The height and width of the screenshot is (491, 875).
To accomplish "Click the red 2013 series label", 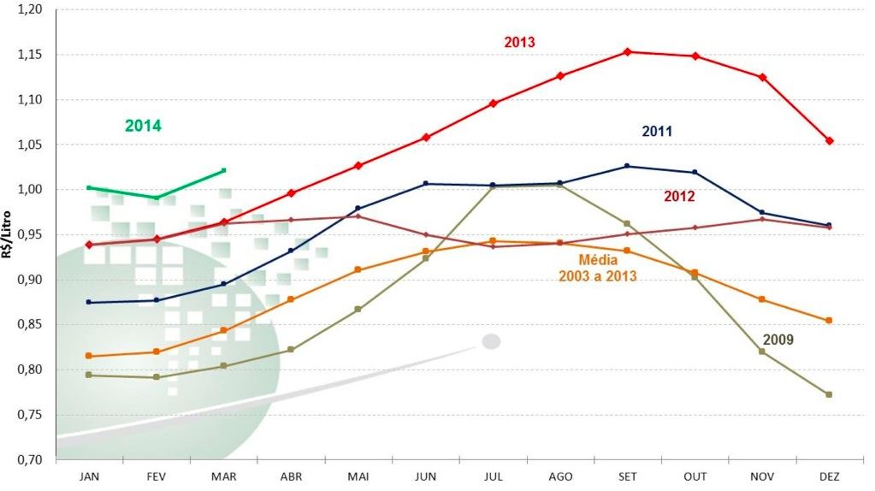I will (520, 41).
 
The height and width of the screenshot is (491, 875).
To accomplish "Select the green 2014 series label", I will (143, 126).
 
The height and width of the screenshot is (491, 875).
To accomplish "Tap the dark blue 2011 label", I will (657, 131).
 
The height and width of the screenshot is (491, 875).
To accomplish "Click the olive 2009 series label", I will (778, 340).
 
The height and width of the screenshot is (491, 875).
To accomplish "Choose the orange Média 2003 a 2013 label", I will (597, 268).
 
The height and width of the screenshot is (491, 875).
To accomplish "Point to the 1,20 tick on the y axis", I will (29, 9).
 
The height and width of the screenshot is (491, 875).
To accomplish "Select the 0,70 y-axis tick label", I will (29, 460).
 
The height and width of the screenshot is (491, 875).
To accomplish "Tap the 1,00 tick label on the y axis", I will (29, 190).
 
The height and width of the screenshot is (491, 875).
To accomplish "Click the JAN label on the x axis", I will (89, 476).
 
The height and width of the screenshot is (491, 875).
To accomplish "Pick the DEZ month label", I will (829, 476).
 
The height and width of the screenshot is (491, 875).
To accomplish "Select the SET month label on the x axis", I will (627, 476).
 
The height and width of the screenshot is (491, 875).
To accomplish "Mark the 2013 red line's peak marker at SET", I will (627, 51).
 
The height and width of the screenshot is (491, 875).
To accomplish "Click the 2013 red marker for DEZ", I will (829, 140).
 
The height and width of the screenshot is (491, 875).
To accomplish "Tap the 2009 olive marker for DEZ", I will (829, 394).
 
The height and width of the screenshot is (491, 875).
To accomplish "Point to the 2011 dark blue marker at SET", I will (627, 166).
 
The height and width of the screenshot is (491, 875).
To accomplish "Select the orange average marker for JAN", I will (89, 356).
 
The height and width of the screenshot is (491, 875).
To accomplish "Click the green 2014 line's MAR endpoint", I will (223, 170).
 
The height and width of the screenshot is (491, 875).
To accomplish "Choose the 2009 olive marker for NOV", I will (761, 351).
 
